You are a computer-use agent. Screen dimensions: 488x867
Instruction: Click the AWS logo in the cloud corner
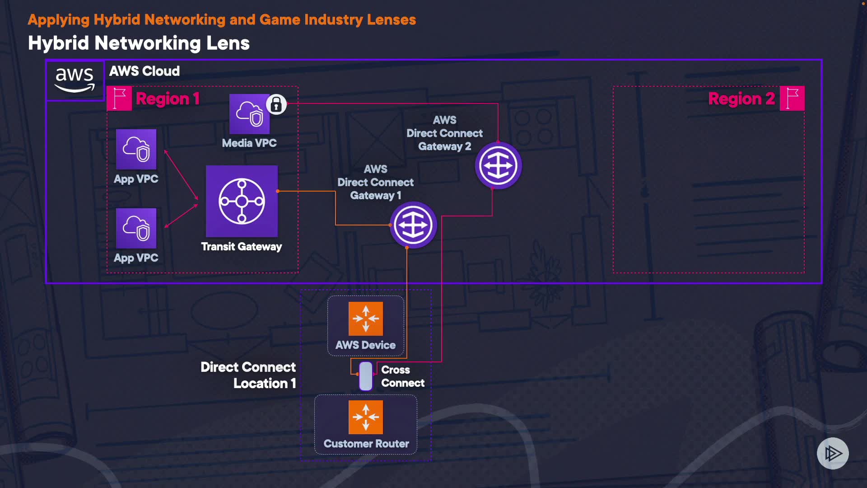[75, 80]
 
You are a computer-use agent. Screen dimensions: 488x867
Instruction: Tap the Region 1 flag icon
[119, 99]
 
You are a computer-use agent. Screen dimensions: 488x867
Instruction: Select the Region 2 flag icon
[792, 99]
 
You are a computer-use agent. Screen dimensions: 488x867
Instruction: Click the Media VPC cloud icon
[249, 114]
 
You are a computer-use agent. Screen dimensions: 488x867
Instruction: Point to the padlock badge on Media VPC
[276, 105]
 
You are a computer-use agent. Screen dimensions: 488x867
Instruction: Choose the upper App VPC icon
[136, 149]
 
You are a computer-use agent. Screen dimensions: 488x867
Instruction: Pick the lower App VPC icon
[136, 228]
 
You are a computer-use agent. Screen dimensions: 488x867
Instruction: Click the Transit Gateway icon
[242, 201]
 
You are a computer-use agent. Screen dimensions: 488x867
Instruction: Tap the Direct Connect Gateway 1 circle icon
[413, 225]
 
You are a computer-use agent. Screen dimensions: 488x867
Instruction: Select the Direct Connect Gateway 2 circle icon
[498, 165]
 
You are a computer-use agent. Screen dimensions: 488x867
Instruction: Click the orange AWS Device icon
[366, 319]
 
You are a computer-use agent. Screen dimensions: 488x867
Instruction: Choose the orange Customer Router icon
[366, 417]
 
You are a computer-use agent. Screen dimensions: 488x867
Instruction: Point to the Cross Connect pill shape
[366, 376]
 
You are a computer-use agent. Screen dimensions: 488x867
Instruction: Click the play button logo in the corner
[833, 453]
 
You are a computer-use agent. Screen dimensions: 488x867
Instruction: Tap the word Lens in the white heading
[228, 43]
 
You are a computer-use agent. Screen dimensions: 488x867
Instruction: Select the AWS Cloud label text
[144, 71]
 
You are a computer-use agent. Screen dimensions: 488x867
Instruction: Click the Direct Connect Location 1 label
[248, 375]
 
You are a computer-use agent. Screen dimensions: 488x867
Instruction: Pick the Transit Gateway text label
[242, 247]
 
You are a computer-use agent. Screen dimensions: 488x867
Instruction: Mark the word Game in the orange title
[280, 20]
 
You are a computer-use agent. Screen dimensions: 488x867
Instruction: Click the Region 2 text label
[741, 99]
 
